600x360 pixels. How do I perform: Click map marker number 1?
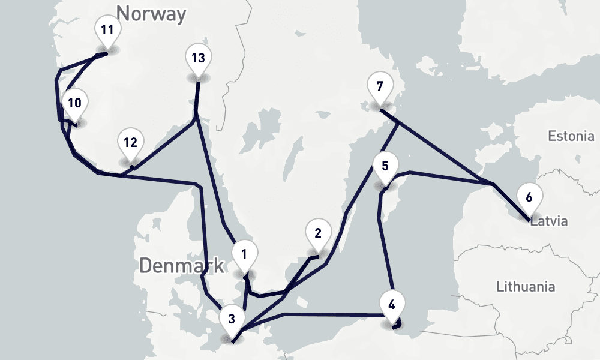[244, 254]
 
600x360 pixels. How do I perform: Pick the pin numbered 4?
[392, 304]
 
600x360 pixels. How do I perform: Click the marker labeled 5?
[385, 166]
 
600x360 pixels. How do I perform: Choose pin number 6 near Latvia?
[529, 197]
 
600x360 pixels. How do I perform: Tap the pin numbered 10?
[74, 103]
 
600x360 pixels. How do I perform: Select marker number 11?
[107, 30]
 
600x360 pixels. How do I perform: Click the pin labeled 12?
[130, 143]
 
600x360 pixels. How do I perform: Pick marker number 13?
[199, 59]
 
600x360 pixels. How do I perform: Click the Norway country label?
[151, 13]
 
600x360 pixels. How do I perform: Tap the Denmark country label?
[182, 265]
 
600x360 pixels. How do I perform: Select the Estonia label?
[571, 136]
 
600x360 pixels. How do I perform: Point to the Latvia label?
[549, 221]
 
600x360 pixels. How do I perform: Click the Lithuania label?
[526, 286]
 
